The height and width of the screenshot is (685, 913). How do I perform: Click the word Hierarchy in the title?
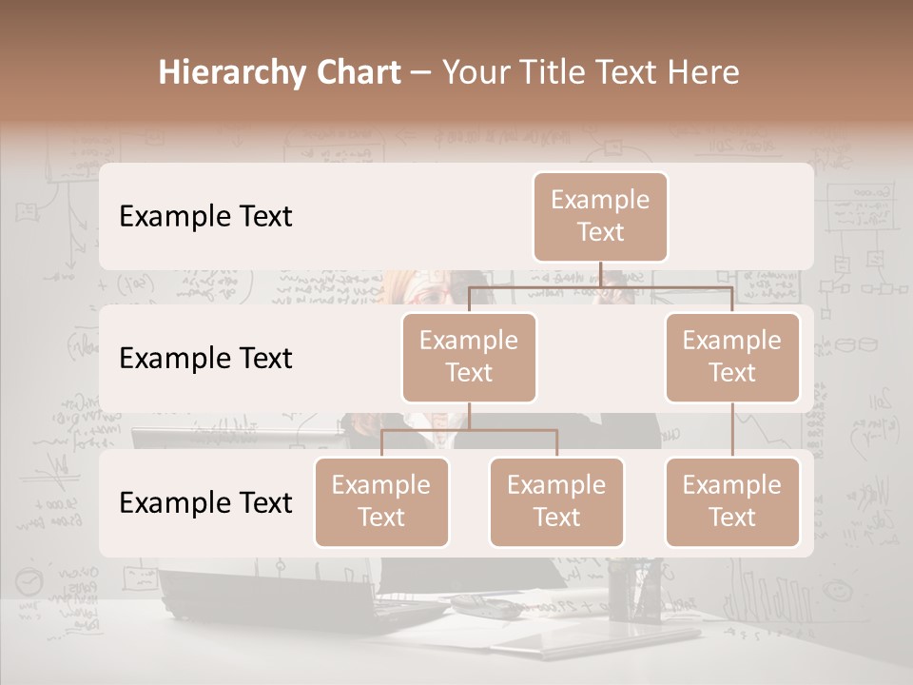(219, 73)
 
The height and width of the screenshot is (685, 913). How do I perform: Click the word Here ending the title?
(702, 73)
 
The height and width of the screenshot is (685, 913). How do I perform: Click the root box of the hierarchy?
(600, 216)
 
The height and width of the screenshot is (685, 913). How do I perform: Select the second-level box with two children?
(469, 357)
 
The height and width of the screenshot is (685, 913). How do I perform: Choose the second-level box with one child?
(732, 357)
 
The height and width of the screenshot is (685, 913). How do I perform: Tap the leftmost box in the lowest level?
(381, 501)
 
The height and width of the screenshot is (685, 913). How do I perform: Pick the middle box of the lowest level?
(556, 501)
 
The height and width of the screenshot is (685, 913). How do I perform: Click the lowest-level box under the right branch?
(732, 501)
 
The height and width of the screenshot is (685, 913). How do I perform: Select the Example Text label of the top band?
(205, 216)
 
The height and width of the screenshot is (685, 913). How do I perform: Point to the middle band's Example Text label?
(205, 358)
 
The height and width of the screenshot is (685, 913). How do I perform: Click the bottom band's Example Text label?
(205, 502)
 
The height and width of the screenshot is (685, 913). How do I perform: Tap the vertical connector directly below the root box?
(600, 274)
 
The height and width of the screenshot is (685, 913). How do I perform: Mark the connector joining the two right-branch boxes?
(732, 429)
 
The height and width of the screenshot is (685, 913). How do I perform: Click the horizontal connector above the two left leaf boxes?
(469, 430)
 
